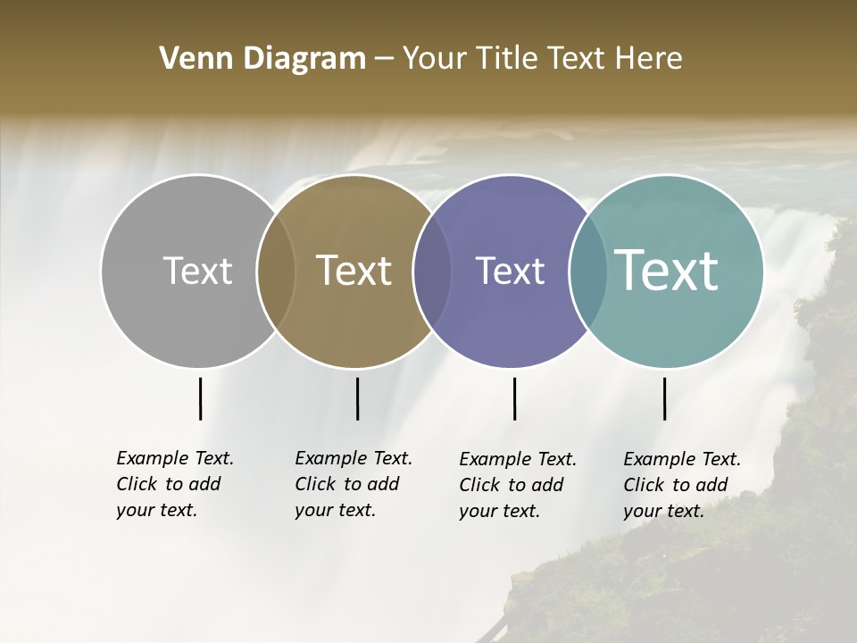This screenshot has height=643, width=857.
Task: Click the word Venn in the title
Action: pos(189,59)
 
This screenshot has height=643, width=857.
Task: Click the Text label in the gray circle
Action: pos(197,271)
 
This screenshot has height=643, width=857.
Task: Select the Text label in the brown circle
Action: pos(354,271)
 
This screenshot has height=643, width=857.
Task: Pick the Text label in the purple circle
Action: pos(510,271)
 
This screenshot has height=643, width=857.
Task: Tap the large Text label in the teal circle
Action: pos(666,271)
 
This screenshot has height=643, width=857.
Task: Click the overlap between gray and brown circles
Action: pos(276,271)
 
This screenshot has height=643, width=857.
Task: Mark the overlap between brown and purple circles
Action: pos(432,271)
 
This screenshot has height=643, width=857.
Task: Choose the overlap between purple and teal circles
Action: pos(588,271)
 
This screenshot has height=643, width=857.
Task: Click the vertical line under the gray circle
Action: pos(200,398)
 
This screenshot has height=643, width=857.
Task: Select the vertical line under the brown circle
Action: pos(357,398)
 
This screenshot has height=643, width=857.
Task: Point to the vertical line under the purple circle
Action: pos(514,398)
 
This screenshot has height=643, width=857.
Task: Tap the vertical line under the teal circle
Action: pos(664,398)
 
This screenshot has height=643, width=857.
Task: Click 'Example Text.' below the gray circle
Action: pos(175,458)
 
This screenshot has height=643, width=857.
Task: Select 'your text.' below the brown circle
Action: pos(335,510)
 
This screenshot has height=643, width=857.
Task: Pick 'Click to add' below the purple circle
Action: pos(512,485)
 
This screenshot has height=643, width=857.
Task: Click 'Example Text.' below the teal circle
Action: pos(682,459)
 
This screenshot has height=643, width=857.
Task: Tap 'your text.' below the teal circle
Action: pos(663,511)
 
